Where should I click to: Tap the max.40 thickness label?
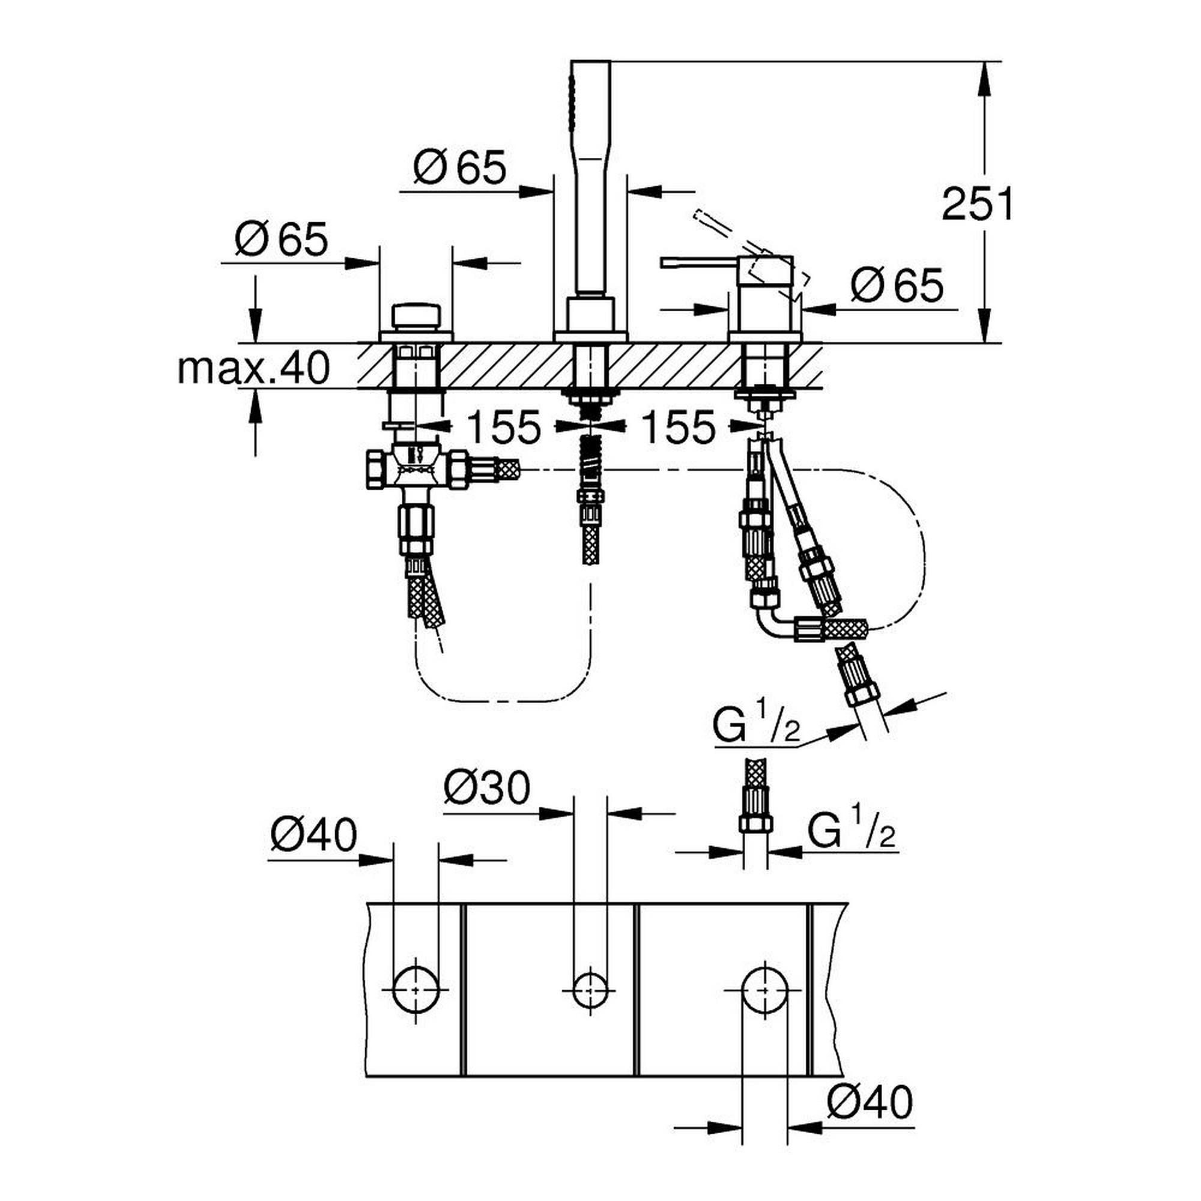(x=253, y=368)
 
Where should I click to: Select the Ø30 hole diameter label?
(x=487, y=788)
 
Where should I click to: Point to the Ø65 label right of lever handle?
(x=897, y=285)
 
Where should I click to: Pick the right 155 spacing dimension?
(x=677, y=427)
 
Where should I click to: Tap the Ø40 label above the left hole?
(x=314, y=834)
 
